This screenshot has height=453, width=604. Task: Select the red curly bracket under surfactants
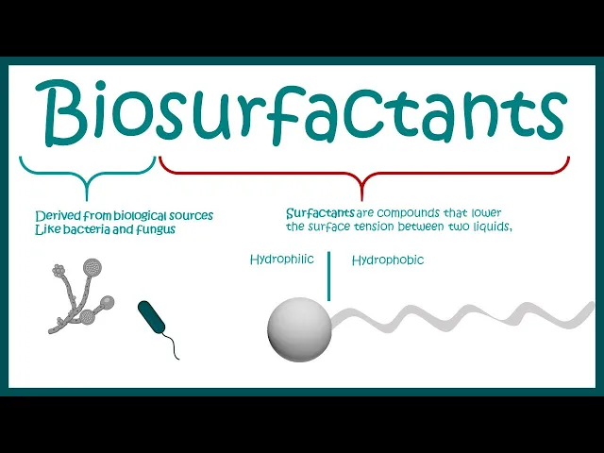[364, 170]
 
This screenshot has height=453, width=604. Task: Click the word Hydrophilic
[281, 260]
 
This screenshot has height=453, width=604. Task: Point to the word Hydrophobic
[387, 260]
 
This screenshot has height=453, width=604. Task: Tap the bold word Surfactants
[321, 214]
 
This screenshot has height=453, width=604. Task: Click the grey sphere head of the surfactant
[299, 330]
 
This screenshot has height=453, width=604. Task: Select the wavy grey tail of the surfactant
[462, 317]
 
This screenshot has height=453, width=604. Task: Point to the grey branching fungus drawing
[80, 297]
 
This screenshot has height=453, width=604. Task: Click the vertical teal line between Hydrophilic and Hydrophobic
[328, 276]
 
